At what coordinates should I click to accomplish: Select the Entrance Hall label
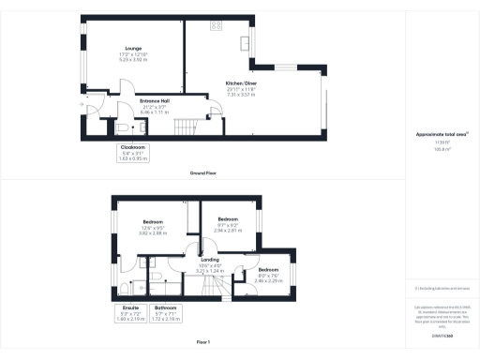pyautogui.click(x=154, y=103)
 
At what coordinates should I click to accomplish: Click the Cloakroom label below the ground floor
pyautogui.click(x=132, y=152)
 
